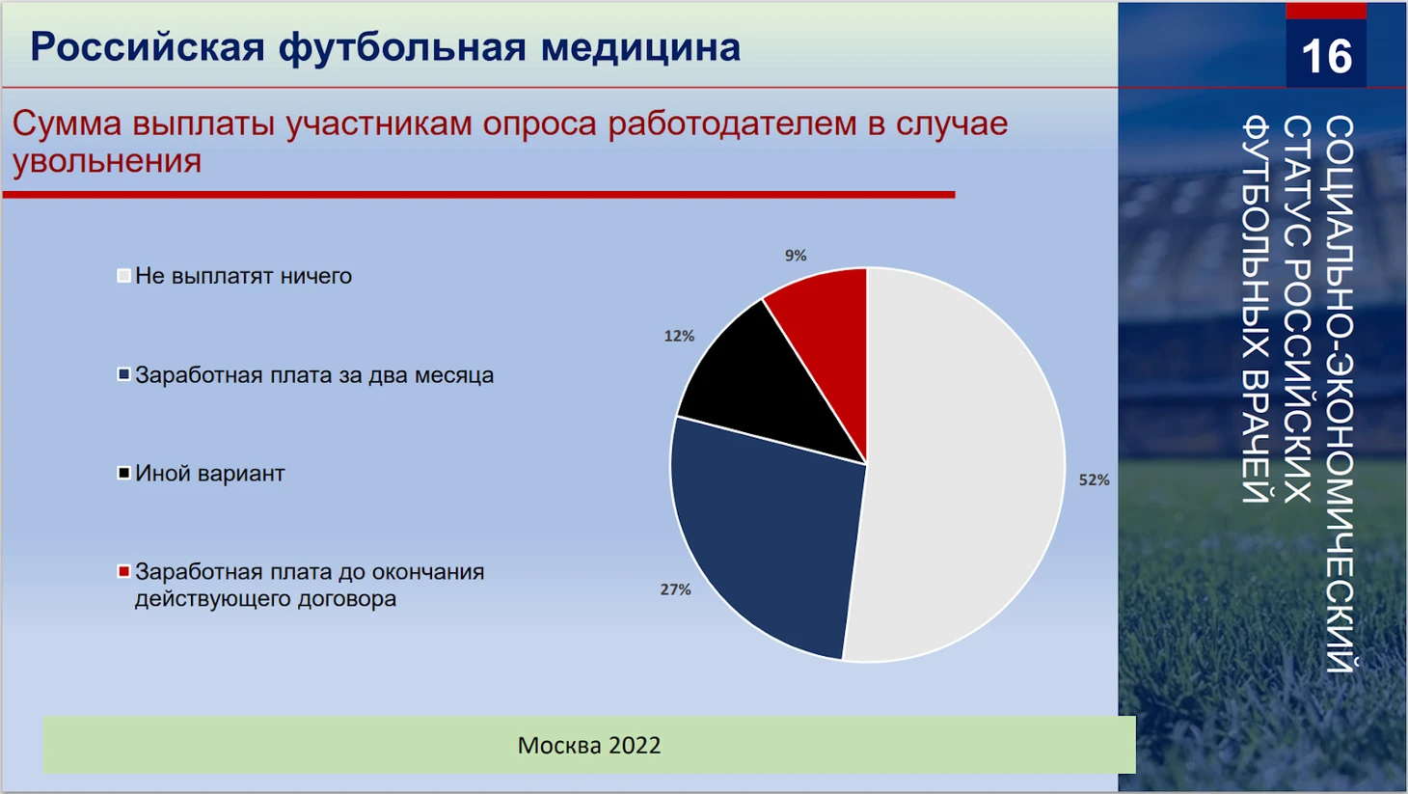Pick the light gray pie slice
(x=961, y=465)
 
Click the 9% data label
(x=796, y=256)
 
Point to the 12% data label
(x=679, y=336)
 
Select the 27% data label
(x=675, y=589)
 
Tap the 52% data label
(x=1094, y=479)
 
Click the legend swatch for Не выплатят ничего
(x=123, y=275)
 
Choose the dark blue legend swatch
(x=123, y=374)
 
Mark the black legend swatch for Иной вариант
(x=123, y=473)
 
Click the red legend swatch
(x=123, y=571)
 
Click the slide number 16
(x=1326, y=56)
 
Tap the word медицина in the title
(x=640, y=47)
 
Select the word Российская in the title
(x=148, y=48)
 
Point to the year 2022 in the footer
(x=635, y=745)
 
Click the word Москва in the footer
(x=558, y=745)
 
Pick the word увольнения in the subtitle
(x=107, y=161)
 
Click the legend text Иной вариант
(x=210, y=474)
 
